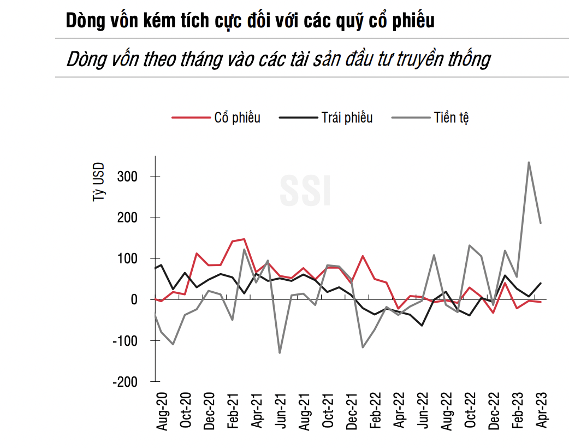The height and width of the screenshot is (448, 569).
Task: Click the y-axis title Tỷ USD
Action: (x=98, y=182)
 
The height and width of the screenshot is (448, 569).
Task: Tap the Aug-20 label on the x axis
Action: (x=162, y=411)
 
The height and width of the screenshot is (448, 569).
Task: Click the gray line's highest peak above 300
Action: (x=529, y=162)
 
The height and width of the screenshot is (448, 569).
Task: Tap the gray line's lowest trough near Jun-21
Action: (x=280, y=352)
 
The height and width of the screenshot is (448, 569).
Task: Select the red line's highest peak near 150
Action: (x=244, y=239)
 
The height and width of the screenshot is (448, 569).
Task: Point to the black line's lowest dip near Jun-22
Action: (x=422, y=326)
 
